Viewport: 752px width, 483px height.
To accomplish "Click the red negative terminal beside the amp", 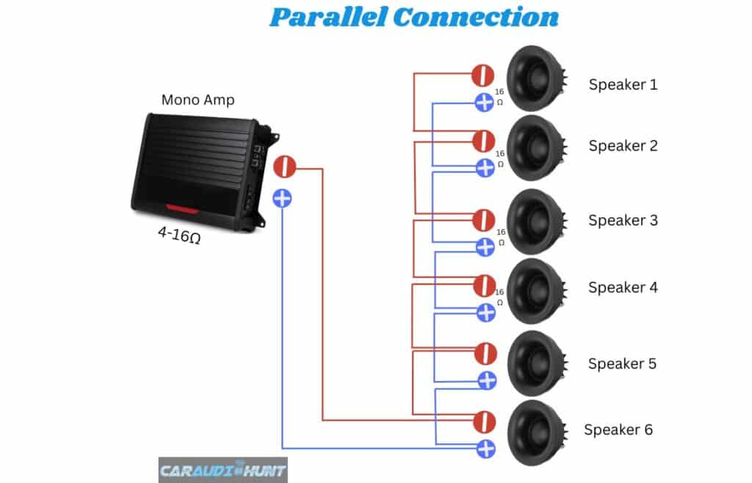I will tap(284, 167).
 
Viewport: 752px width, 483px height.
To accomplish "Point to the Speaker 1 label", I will tap(623, 84).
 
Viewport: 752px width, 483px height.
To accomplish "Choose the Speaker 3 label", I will tap(623, 220).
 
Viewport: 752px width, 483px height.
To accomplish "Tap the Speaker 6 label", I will tap(618, 429).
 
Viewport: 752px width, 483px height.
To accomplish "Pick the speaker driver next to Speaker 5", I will tap(535, 363).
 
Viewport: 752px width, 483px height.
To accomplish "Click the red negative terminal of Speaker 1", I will tap(482, 75).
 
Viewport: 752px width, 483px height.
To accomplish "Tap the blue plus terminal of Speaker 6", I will tap(485, 448).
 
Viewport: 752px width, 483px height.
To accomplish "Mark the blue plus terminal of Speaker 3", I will tap(485, 247).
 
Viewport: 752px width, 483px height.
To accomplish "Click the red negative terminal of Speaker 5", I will tap(485, 352).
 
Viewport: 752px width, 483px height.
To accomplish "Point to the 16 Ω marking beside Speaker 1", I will tap(500, 97).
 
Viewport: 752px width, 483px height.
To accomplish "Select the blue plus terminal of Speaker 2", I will tap(484, 167).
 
